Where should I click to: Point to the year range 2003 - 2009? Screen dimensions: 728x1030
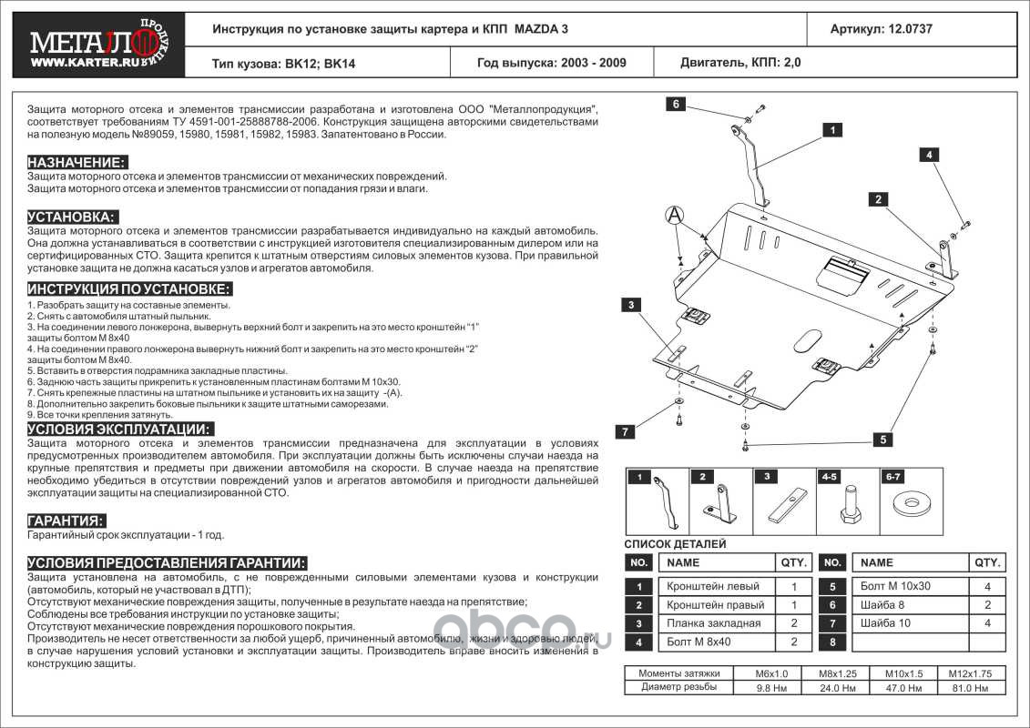(591, 64)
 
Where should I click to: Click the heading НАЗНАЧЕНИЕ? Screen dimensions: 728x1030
(76, 162)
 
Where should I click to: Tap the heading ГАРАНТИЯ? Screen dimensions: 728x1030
(66, 521)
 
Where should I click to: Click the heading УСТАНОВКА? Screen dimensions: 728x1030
(72, 217)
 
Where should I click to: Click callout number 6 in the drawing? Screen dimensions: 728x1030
(677, 104)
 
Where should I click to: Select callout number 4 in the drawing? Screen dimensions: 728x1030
(930, 155)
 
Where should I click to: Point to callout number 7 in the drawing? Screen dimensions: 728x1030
(626, 431)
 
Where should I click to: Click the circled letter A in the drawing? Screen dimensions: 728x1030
(673, 215)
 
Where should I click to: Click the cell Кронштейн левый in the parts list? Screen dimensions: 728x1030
(713, 587)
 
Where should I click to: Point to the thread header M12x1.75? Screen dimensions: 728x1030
(972, 673)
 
